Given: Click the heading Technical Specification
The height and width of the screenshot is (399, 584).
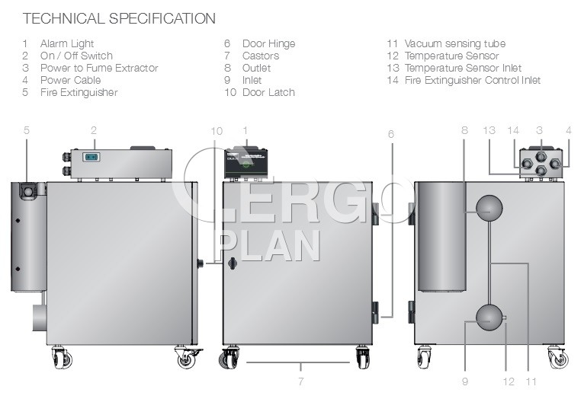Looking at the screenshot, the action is [x=119, y=18].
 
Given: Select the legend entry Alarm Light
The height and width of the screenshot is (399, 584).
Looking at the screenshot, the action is [x=67, y=44].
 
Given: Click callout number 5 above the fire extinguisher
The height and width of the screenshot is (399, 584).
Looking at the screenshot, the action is [x=26, y=130].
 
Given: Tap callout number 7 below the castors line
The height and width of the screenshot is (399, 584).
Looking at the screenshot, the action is [x=301, y=381].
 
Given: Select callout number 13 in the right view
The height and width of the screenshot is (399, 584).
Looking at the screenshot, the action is [x=489, y=130].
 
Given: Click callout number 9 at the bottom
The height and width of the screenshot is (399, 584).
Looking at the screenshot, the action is [x=465, y=381].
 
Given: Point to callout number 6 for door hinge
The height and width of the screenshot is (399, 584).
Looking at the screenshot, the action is [x=390, y=134].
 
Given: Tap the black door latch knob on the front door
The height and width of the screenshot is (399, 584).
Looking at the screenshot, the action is [x=233, y=263].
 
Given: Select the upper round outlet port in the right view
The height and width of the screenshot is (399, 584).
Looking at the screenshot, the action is [x=489, y=208].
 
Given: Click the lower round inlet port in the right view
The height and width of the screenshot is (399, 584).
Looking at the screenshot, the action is [x=489, y=318].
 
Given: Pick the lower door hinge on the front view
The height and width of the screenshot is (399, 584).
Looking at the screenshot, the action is [x=375, y=312].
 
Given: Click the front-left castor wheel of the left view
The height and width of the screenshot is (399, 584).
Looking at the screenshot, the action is [x=62, y=358].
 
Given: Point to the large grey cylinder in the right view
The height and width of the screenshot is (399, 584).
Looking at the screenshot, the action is [x=441, y=237].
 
